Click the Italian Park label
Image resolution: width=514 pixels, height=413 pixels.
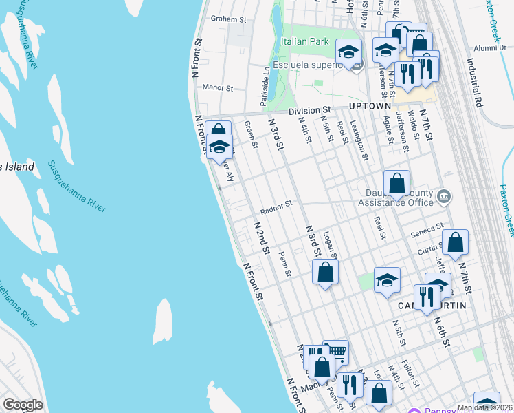tap(304, 41)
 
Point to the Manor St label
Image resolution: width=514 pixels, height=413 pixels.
tap(219, 88)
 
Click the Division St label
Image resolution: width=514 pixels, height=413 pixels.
tap(309, 109)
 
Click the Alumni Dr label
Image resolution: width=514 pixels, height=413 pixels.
tap(490, 48)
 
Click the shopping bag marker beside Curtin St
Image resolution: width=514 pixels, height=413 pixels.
tap(454, 243)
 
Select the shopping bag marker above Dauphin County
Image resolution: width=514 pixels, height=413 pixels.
tap(396, 184)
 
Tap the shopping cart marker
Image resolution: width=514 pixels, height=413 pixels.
tap(335, 352)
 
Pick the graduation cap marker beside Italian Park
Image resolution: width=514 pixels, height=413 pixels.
tap(348, 52)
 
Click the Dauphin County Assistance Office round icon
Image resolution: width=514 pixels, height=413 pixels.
tap(444, 198)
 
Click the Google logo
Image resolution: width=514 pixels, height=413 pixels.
tap(23, 405)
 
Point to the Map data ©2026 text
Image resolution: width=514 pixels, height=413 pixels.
tap(484, 407)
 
